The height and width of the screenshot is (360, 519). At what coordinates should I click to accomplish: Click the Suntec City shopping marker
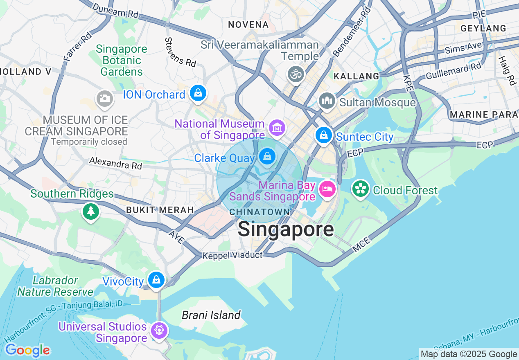tap(323, 135)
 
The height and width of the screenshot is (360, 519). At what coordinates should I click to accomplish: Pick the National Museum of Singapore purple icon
tap(277, 128)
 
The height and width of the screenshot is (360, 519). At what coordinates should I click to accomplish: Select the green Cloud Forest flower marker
tap(361, 189)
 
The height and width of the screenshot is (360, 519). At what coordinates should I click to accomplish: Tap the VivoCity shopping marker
tap(156, 280)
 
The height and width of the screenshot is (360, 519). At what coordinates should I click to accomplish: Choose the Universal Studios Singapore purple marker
tap(159, 330)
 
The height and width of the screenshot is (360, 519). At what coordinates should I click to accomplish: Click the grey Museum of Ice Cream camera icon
tap(104, 99)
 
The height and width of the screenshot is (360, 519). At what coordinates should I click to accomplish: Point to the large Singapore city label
tap(286, 229)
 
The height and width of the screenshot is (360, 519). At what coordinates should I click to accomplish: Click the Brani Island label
tap(211, 315)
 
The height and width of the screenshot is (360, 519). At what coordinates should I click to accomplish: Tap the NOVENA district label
tap(248, 25)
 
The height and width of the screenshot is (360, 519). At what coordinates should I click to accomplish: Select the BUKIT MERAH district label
tap(160, 210)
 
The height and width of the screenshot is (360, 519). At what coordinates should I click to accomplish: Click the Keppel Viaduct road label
tap(232, 255)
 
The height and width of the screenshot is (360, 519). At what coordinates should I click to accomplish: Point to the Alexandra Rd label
tap(115, 163)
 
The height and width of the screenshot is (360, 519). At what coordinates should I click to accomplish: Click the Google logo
tap(27, 351)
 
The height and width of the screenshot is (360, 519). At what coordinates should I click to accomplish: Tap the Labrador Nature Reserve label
tap(55, 286)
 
